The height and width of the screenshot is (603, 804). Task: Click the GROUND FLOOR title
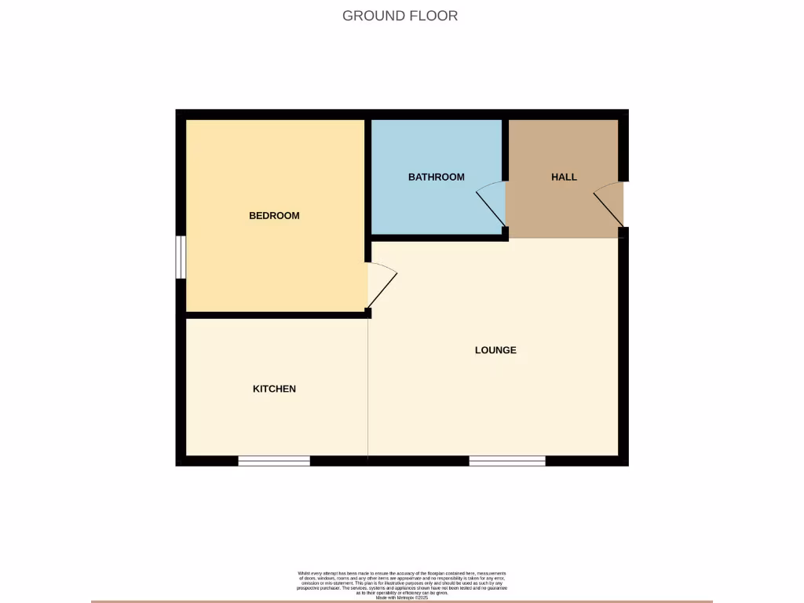(x=400, y=16)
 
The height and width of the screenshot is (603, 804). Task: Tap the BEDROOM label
(x=274, y=216)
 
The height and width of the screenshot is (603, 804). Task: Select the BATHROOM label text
(x=436, y=177)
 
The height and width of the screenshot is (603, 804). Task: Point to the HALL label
(x=564, y=177)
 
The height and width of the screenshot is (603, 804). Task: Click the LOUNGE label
(x=495, y=350)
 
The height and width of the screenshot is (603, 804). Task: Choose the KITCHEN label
(x=274, y=389)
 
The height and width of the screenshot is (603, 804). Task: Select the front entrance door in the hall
(x=609, y=206)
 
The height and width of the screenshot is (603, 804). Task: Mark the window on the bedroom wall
(x=181, y=257)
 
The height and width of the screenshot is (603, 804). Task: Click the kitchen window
(x=274, y=461)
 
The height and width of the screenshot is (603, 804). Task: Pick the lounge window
(x=507, y=461)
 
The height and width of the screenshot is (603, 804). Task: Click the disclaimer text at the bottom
(x=401, y=586)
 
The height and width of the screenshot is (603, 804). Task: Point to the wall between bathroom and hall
(x=506, y=149)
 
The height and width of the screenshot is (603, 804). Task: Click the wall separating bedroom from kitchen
(x=275, y=315)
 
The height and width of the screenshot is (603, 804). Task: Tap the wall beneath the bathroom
(x=436, y=236)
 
